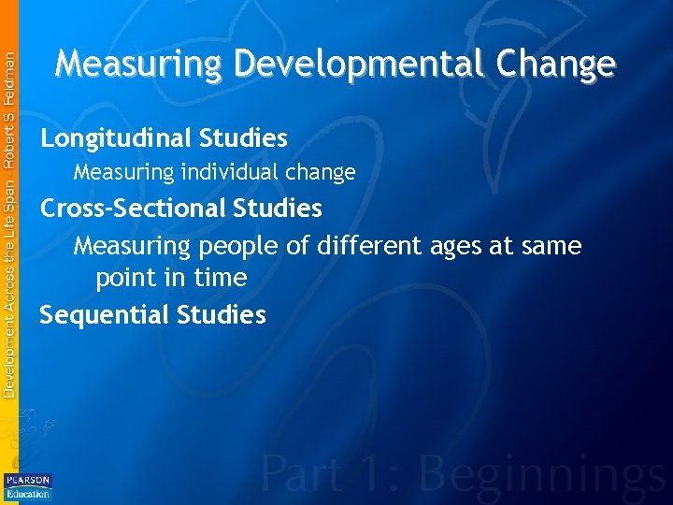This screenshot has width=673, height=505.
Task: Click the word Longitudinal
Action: point(116,139)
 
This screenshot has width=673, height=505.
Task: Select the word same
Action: point(552,247)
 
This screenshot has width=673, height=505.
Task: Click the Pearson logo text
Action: point(28,480)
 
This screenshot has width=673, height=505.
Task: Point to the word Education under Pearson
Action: point(28,492)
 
